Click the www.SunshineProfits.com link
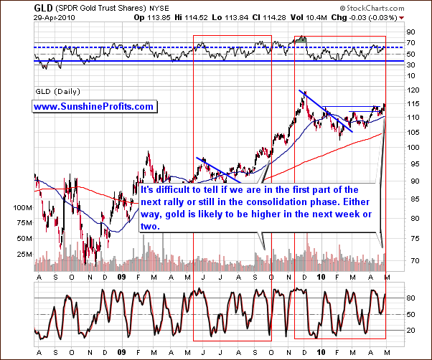[94, 106]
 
